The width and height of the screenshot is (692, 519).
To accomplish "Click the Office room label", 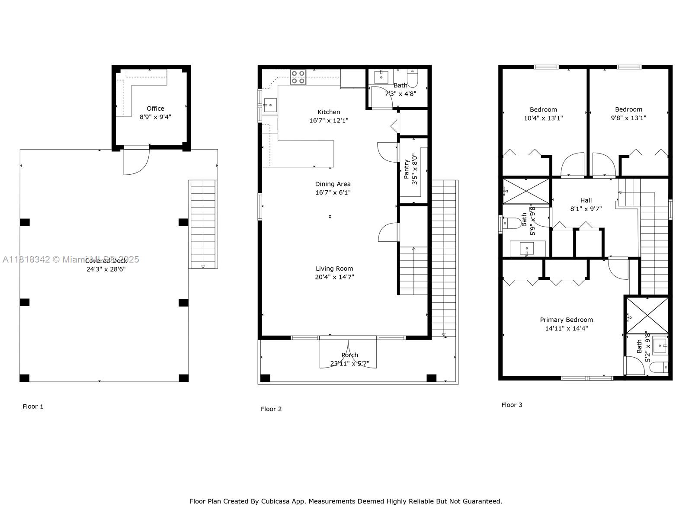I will pyautogui.click(x=155, y=109).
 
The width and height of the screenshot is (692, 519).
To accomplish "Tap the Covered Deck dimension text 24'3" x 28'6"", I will pyautogui.click(x=106, y=269).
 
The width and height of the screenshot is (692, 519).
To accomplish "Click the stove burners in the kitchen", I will pyautogui.click(x=298, y=77).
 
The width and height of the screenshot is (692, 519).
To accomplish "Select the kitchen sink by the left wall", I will pyautogui.click(x=270, y=105).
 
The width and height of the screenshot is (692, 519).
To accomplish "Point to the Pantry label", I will pyautogui.click(x=407, y=169).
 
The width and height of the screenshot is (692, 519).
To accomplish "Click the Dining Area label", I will pyautogui.click(x=333, y=184).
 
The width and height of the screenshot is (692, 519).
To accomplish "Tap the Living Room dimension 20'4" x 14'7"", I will pyautogui.click(x=334, y=277).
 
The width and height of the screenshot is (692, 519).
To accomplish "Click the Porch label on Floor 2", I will pyautogui.click(x=349, y=355).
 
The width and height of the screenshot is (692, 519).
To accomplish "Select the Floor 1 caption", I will pyautogui.click(x=33, y=407).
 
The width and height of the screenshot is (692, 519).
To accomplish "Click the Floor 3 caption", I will pyautogui.click(x=512, y=405).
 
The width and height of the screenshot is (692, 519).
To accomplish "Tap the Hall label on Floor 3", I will pyautogui.click(x=586, y=200).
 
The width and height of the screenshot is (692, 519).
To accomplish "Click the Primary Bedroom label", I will pyautogui.click(x=566, y=320).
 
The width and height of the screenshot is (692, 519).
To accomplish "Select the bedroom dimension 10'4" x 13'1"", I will pyautogui.click(x=543, y=118).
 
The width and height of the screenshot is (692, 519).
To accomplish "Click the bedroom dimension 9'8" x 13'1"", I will pyautogui.click(x=628, y=118).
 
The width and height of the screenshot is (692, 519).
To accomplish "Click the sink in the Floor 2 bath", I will pyautogui.click(x=381, y=77).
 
